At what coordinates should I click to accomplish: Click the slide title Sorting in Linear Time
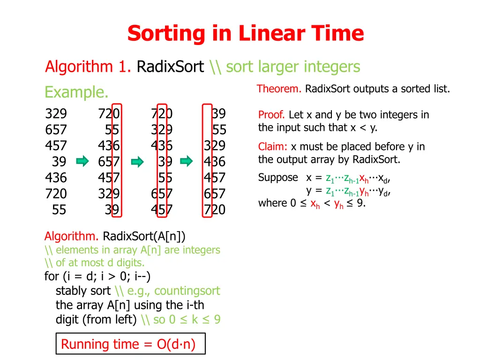[245, 34]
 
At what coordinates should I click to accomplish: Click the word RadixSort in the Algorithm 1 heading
[170, 67]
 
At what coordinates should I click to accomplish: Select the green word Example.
[76, 92]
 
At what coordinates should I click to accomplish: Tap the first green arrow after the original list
[82, 162]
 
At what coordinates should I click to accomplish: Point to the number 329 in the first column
[56, 114]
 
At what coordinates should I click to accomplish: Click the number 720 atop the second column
[109, 114]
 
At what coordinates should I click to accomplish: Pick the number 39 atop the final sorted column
[218, 114]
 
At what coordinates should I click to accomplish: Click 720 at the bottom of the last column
[214, 210]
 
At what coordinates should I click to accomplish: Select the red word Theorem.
[279, 89]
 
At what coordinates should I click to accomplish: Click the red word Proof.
[271, 115]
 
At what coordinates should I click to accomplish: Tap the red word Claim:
[273, 147]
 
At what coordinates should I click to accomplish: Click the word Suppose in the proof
[278, 178]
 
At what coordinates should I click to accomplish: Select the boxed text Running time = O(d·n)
[128, 345]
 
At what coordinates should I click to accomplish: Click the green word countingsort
[187, 291]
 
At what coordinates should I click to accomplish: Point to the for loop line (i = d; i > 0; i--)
[97, 276]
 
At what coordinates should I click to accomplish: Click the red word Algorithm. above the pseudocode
[71, 235]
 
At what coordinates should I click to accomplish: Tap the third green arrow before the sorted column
[187, 162]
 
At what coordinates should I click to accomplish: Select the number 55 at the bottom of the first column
[59, 210]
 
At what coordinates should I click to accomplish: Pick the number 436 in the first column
[56, 178]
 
